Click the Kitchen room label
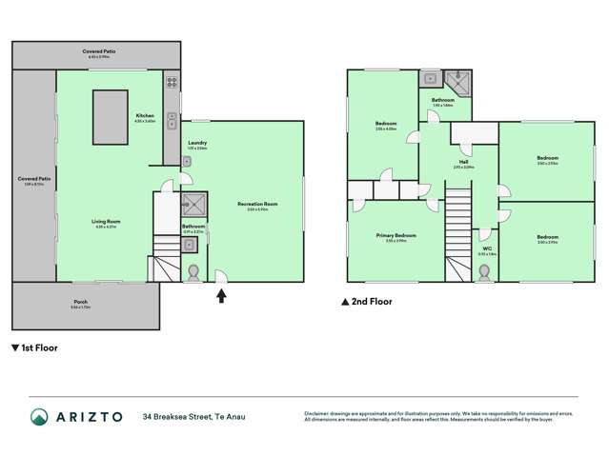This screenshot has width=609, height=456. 144,115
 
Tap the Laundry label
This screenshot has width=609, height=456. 197,144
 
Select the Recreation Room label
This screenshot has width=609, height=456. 257,204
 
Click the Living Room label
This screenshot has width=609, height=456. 106,222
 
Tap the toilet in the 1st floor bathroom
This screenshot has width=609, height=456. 194,273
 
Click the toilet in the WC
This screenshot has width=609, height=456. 484,272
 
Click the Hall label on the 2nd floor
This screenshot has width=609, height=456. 462,162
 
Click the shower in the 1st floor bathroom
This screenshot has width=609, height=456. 194,203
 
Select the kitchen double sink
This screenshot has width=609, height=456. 171,120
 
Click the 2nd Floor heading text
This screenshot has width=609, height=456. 373,302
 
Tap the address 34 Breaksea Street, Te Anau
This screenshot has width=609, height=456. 197,417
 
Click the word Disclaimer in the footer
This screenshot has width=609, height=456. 316,412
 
